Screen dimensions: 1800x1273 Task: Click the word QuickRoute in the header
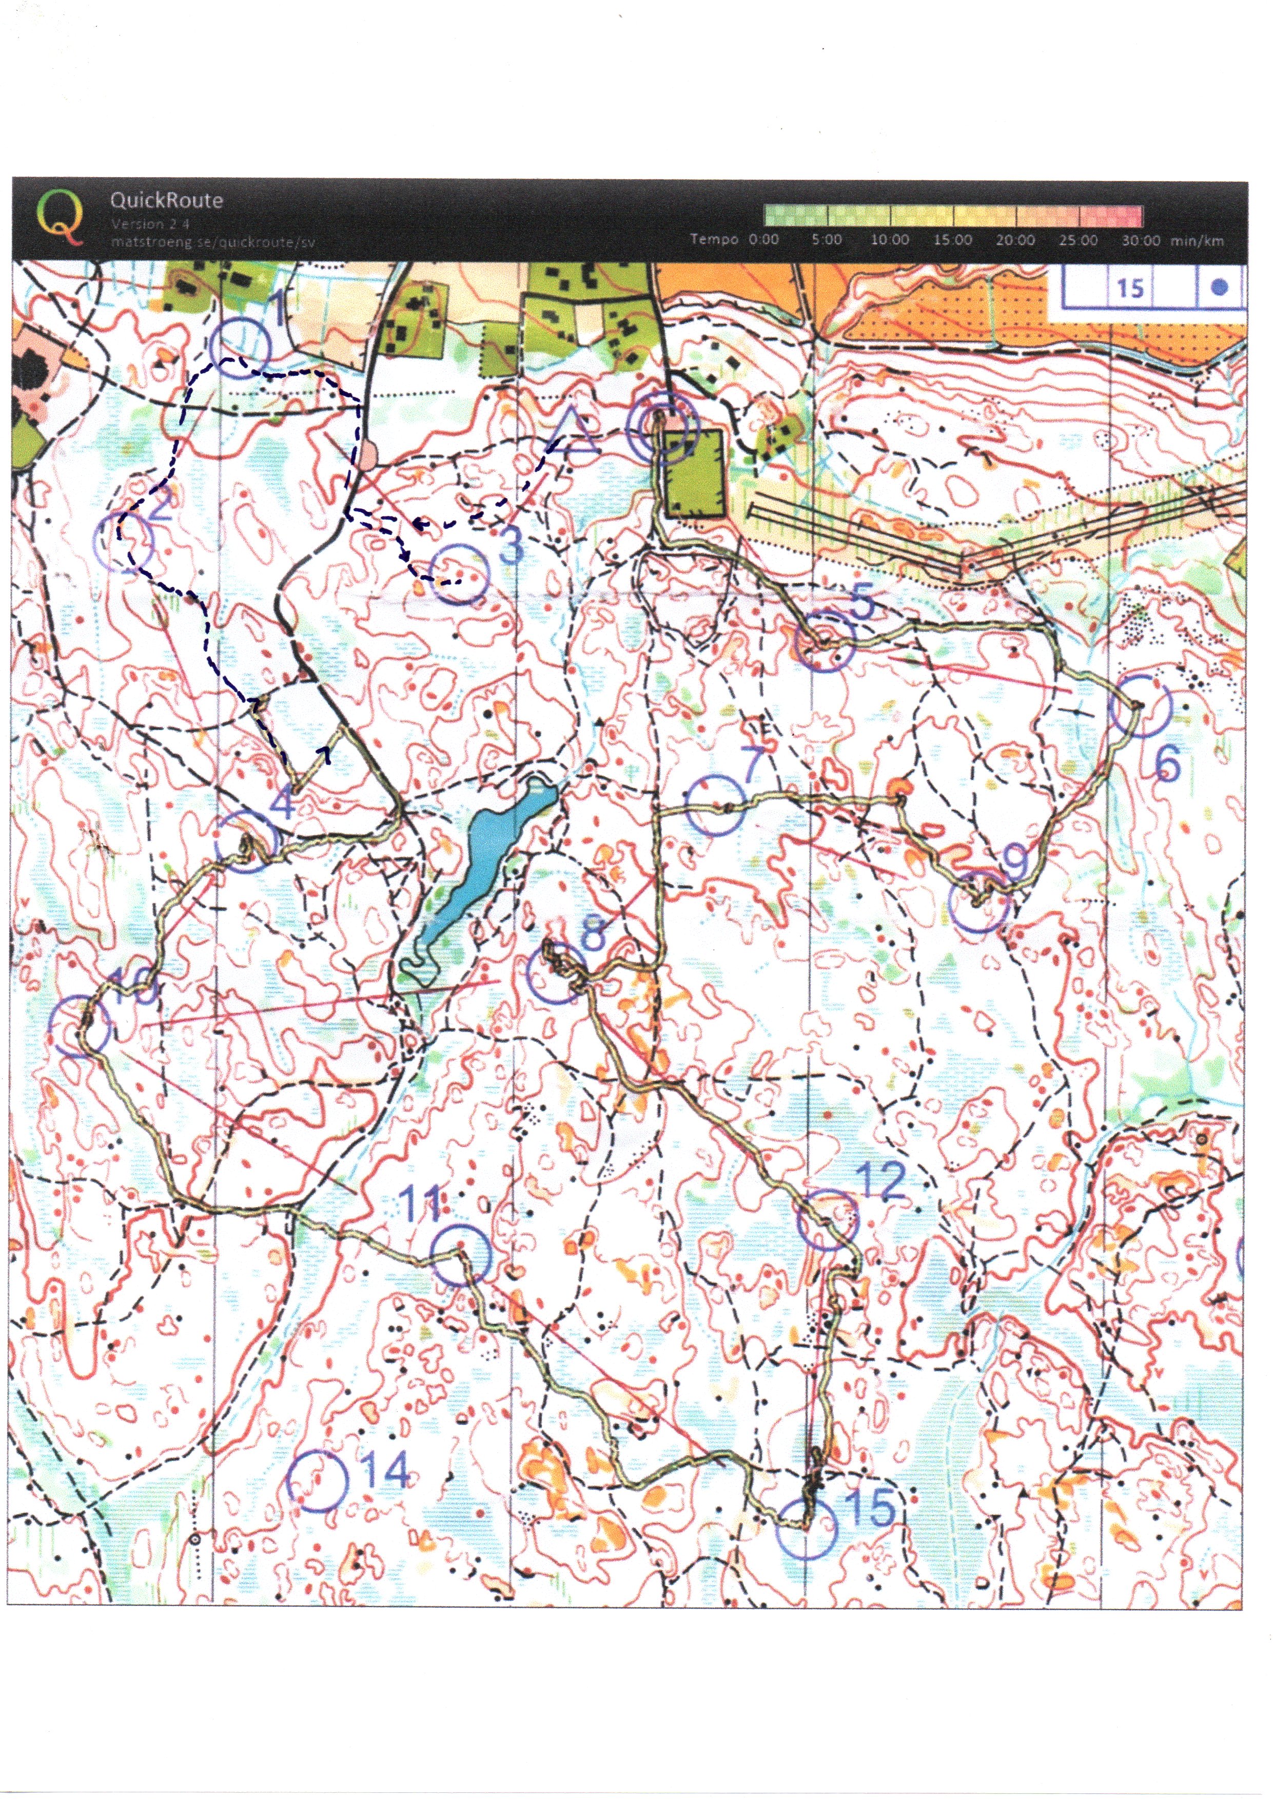point(166,200)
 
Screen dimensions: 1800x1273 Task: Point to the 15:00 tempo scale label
point(952,240)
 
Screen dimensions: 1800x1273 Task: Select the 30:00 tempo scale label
point(1141,240)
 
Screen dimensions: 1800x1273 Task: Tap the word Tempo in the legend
point(713,239)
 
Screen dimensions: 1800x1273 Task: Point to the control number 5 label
point(861,602)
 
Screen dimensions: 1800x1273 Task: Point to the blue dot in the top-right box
point(1218,288)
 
